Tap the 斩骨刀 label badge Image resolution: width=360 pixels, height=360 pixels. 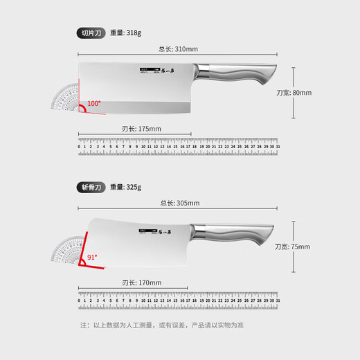tap(91, 187)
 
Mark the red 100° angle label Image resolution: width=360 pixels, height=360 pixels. tap(93, 104)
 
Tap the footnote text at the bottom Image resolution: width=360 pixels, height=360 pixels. tap(179, 324)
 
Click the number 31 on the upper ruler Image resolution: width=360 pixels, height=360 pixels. tap(278, 147)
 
